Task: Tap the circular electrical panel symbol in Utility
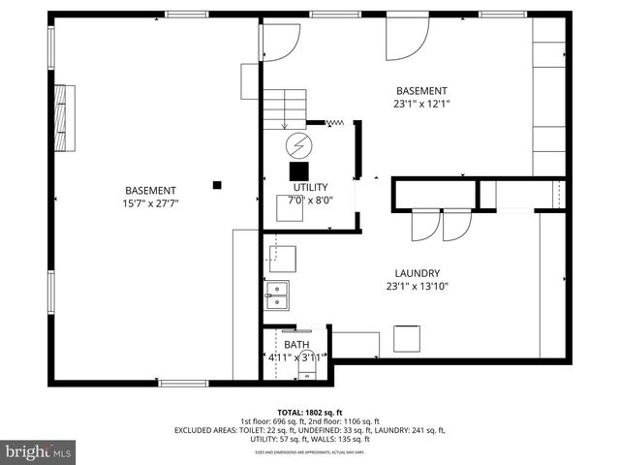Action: (x=298, y=145)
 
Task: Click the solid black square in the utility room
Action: (x=298, y=169)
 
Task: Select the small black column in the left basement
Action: (x=218, y=184)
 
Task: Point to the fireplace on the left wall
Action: (x=65, y=115)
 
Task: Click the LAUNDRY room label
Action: (x=418, y=273)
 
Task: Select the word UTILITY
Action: (x=310, y=187)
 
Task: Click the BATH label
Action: (x=295, y=345)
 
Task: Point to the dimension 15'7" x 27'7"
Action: (x=150, y=203)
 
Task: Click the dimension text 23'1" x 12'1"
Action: (x=421, y=103)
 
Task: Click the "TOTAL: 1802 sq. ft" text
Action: (x=310, y=411)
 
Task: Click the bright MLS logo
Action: (x=39, y=451)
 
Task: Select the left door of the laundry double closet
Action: (x=425, y=225)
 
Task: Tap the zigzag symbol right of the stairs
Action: (x=336, y=123)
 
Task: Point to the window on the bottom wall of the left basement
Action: (x=183, y=384)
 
